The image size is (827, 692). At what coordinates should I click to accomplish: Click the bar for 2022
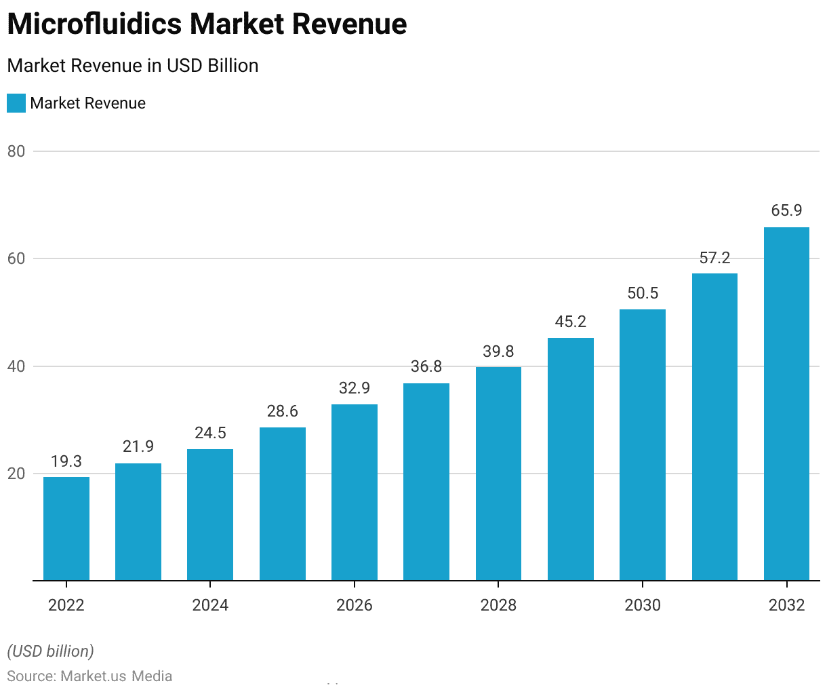pos(66,528)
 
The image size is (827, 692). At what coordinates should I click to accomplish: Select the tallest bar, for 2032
pos(786,404)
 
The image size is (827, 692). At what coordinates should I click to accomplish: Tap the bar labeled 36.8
pos(426,482)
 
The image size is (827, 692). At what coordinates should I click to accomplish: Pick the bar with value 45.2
pos(571,459)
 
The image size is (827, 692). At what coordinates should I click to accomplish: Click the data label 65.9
pos(786,210)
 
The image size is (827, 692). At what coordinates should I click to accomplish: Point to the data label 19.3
pos(66,461)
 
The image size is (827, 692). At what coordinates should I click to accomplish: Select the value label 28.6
pos(283,411)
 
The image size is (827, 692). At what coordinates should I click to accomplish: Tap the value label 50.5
pos(643,293)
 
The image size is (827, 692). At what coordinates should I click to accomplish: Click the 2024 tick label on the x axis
pos(210,604)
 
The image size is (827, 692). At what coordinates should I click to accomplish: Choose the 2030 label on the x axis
pos(643,604)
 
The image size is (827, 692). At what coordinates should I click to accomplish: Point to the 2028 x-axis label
pos(498,604)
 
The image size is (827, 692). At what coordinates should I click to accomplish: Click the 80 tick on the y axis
pos(16,151)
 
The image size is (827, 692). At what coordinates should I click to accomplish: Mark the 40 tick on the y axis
pos(16,366)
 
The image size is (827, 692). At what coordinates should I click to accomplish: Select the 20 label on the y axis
pos(16,474)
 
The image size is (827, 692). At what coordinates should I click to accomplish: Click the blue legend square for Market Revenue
pos(16,103)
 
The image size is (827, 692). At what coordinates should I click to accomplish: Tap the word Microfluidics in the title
pos(94,24)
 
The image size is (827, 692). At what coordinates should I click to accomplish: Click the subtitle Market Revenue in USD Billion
pos(133,66)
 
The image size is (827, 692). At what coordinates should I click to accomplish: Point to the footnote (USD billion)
pos(51,651)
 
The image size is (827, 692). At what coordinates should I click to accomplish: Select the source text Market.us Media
pos(117,676)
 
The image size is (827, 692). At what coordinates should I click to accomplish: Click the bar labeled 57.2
pos(714,427)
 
